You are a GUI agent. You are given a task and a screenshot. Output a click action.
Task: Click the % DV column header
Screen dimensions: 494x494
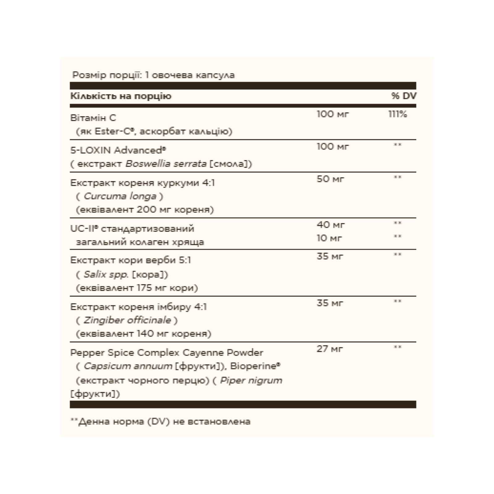click(x=404, y=96)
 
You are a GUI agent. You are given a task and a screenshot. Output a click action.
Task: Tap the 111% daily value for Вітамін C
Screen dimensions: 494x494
click(x=398, y=114)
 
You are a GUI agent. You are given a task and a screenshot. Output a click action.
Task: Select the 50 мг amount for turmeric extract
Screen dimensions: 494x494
click(x=330, y=179)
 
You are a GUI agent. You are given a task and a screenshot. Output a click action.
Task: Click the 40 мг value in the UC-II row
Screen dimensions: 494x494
click(x=330, y=225)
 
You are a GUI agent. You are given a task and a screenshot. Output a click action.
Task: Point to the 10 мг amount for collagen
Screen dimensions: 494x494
click(x=329, y=238)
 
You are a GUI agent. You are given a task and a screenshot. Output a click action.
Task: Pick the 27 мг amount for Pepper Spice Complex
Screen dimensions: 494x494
click(x=330, y=349)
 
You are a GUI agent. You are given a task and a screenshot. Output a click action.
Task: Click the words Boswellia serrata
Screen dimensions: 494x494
click(x=166, y=164)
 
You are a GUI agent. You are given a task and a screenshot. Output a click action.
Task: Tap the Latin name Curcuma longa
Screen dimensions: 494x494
click(x=120, y=196)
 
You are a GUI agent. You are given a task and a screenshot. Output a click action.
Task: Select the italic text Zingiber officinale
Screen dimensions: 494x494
click(x=127, y=320)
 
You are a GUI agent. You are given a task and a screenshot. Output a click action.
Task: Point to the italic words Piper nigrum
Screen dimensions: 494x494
click(x=251, y=380)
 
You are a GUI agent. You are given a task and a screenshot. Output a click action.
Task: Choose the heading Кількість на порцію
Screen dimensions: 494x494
click(x=121, y=96)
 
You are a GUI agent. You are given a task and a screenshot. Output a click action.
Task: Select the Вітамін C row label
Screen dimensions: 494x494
click(x=93, y=118)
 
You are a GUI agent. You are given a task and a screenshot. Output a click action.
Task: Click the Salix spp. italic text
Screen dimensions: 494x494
click(x=103, y=274)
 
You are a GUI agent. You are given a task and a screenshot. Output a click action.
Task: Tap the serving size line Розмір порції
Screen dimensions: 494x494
click(x=153, y=75)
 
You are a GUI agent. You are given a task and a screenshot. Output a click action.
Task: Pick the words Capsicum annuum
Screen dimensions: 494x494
click(x=128, y=366)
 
